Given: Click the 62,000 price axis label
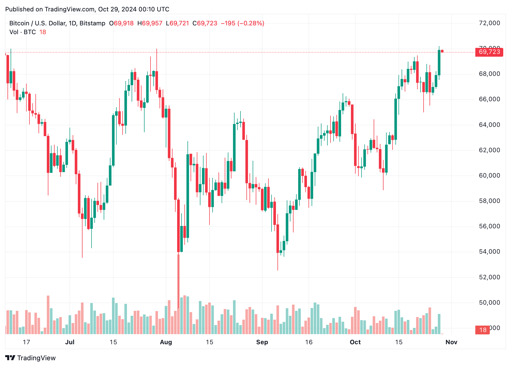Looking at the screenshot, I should tap(489, 150).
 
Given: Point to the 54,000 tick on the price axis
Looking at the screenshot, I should tap(489, 252).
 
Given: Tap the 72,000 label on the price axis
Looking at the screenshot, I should tap(489, 23).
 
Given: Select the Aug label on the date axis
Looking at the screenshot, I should tap(166, 342).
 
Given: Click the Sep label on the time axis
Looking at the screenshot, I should tap(262, 342).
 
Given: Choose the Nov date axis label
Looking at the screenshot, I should tap(451, 342).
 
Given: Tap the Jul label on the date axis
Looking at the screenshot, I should tap(70, 342).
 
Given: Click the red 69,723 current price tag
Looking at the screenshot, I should tap(489, 52).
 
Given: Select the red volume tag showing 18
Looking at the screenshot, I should tap(483, 330).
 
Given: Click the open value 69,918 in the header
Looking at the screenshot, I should tap(124, 23).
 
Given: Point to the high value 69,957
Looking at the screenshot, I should tap(152, 23).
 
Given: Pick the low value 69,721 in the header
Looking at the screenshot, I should tap(179, 23).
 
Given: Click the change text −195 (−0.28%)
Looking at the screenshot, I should tap(242, 23).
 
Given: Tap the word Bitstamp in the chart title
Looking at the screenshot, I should tap(92, 23).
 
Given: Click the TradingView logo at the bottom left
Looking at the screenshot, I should tap(31, 358).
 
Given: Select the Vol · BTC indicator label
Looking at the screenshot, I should tap(23, 32).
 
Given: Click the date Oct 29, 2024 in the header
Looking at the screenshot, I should tap(117, 9).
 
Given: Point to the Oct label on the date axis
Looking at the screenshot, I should tap(355, 342).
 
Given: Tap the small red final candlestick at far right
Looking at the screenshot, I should tap(442, 51).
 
